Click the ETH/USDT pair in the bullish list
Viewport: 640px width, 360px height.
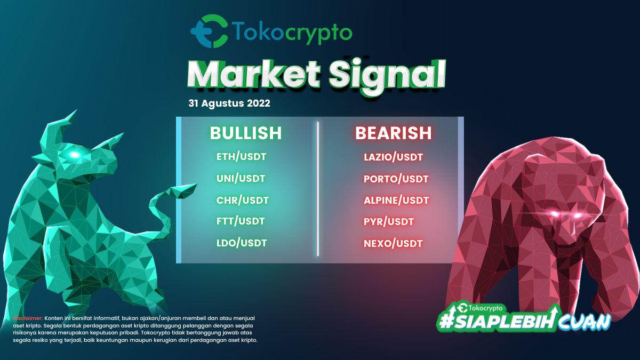[x=241, y=157]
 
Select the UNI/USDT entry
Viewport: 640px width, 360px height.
[x=241, y=179]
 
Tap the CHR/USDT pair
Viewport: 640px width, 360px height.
[x=242, y=201]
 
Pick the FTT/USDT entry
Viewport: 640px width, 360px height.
[x=241, y=221]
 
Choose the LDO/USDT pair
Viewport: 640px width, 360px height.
[x=242, y=243]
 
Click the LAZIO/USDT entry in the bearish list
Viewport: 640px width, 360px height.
[x=393, y=157]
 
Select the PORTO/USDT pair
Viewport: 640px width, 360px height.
[x=396, y=179]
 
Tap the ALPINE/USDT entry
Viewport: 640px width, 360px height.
[x=396, y=201]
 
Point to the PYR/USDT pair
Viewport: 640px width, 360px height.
[x=389, y=222]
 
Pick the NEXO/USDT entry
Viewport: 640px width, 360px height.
[x=393, y=244]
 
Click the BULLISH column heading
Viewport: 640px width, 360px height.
[x=246, y=133]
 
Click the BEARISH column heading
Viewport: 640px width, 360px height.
[x=394, y=133]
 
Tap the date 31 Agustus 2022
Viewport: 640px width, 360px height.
[x=229, y=103]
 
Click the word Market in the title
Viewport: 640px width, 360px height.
[x=254, y=74]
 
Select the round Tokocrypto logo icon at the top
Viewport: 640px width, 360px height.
[x=210, y=31]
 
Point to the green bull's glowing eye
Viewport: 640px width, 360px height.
[x=74, y=155]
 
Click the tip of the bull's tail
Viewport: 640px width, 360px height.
[x=197, y=185]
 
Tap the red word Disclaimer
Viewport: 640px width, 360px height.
[x=28, y=318]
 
